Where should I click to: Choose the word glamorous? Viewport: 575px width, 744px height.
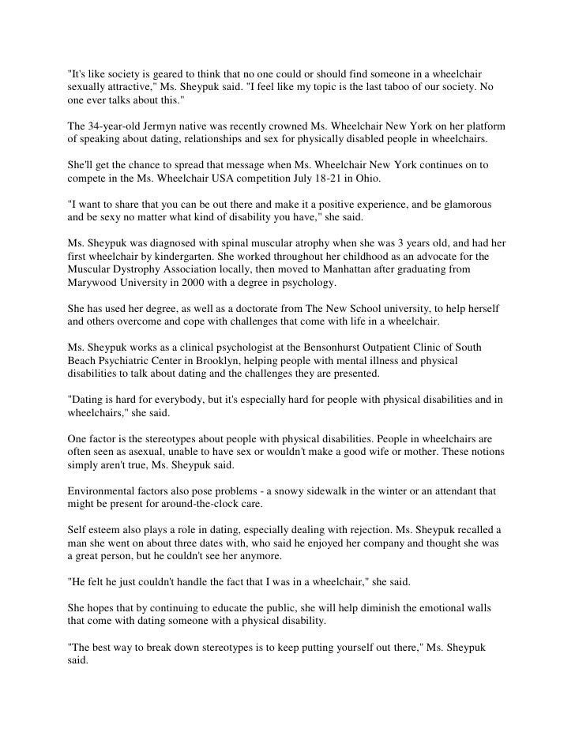click(x=464, y=204)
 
